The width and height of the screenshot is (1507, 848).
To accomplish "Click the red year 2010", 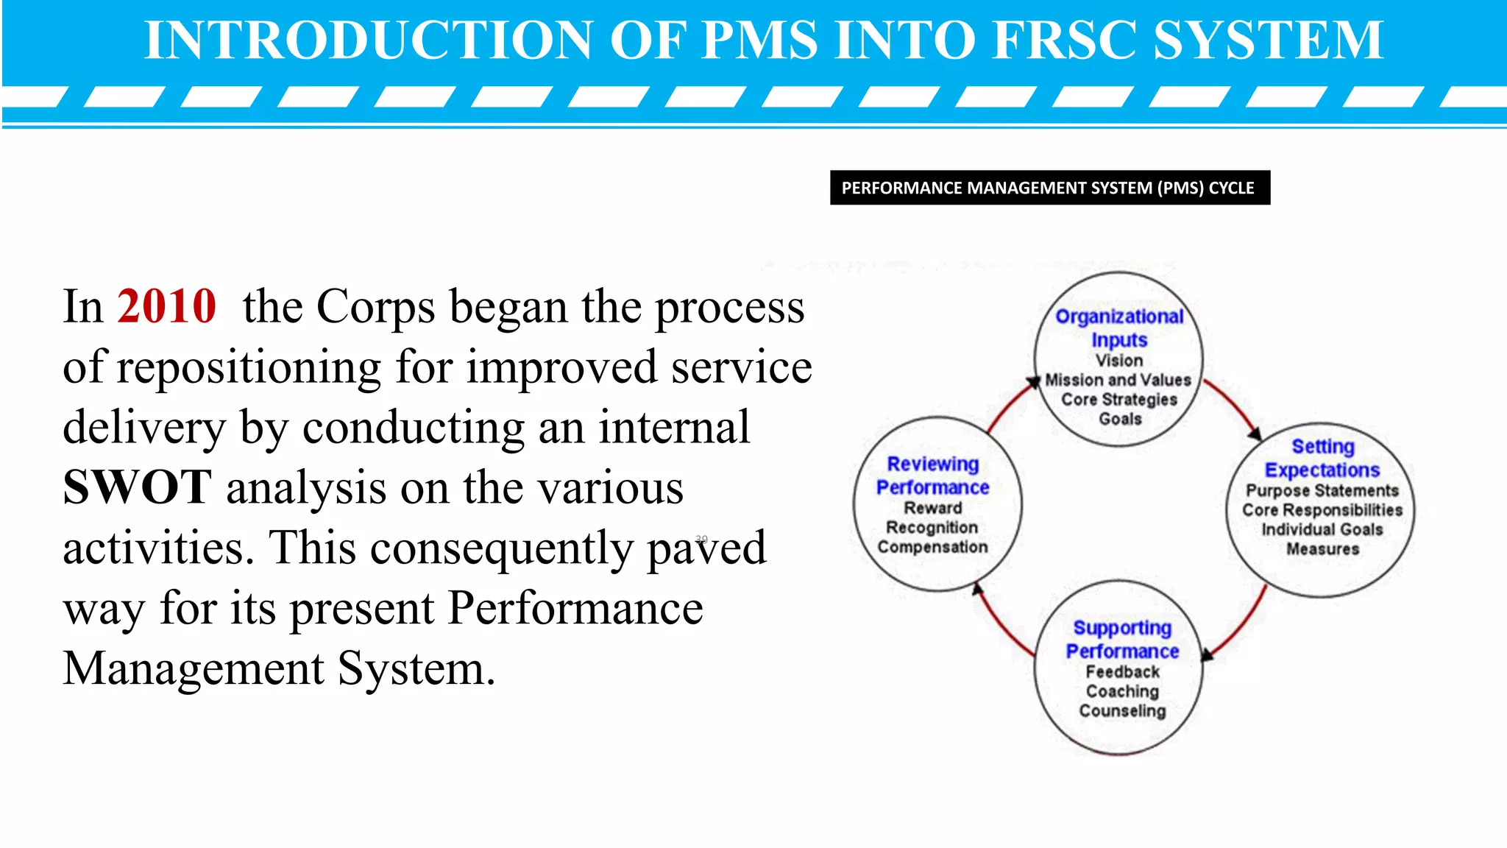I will coord(166,306).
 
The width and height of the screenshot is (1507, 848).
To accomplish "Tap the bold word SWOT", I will coord(138,487).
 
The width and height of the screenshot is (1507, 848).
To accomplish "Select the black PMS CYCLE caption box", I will coord(1049,188).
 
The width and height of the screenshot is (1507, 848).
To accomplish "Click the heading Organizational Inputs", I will coord(1119,328).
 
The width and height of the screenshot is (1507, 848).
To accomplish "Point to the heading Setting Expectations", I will coord(1322,458).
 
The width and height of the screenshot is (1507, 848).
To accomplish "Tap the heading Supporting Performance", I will coord(1122,639).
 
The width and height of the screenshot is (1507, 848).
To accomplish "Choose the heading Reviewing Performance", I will coord(932,476).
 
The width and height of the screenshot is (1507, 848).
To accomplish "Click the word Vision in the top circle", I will coord(1119,361).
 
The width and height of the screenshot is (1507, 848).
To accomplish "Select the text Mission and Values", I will coord(1118,380).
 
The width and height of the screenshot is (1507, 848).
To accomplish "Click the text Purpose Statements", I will coord(1322,490).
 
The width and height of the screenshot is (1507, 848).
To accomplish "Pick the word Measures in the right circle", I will coord(1322,548).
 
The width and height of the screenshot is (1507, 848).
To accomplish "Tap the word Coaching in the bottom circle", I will coord(1122,691).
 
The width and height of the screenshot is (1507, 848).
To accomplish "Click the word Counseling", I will coord(1122,710).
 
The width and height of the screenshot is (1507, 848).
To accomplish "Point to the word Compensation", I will coord(932,547).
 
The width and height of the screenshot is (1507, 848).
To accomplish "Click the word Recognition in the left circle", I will coord(932,527).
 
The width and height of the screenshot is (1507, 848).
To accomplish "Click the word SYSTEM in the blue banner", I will coord(1268,40).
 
